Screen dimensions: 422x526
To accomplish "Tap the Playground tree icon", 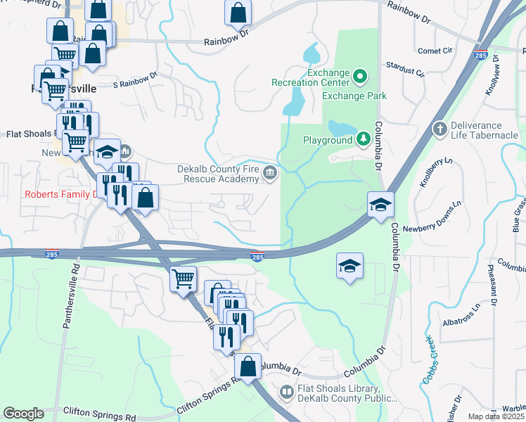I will (363, 139).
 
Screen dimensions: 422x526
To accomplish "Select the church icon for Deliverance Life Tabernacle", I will (440, 129).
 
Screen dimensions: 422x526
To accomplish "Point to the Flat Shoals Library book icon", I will (287, 391).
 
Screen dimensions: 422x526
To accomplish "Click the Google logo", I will (23, 414).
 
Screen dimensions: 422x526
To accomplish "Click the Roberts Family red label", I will (59, 195).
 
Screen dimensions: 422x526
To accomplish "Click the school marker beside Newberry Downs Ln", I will (380, 205).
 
